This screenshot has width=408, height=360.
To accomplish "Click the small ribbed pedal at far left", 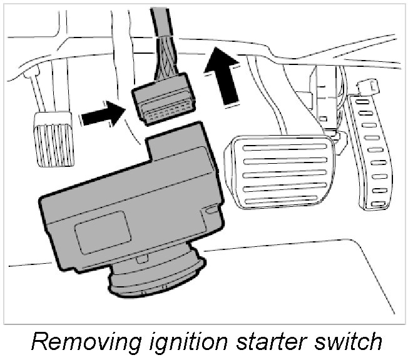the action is point(54,138).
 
